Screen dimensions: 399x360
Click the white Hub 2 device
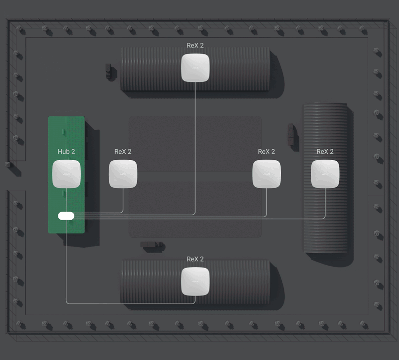tap(66, 174)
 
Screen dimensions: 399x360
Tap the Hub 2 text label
tap(66, 152)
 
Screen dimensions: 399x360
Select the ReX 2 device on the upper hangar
tap(195, 68)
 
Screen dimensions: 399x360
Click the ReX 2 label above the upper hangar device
tap(195, 45)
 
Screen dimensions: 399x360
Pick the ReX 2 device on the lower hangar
tap(195, 281)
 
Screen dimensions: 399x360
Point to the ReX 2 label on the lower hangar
tap(195, 259)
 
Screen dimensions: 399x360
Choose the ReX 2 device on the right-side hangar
tap(325, 174)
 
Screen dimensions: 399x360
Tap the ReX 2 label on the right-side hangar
tap(325, 152)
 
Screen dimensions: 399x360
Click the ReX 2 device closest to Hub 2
tap(123, 174)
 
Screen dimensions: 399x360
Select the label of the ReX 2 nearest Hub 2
tap(123, 152)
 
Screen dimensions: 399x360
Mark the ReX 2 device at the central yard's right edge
tap(267, 174)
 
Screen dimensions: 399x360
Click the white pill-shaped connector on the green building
tap(66, 216)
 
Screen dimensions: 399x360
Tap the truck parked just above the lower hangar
tap(152, 245)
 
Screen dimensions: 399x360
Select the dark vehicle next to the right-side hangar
tap(291, 134)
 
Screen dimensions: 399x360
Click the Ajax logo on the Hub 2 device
tap(66, 174)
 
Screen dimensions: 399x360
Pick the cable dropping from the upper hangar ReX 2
tap(195, 148)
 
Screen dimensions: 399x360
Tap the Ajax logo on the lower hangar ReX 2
tap(195, 281)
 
